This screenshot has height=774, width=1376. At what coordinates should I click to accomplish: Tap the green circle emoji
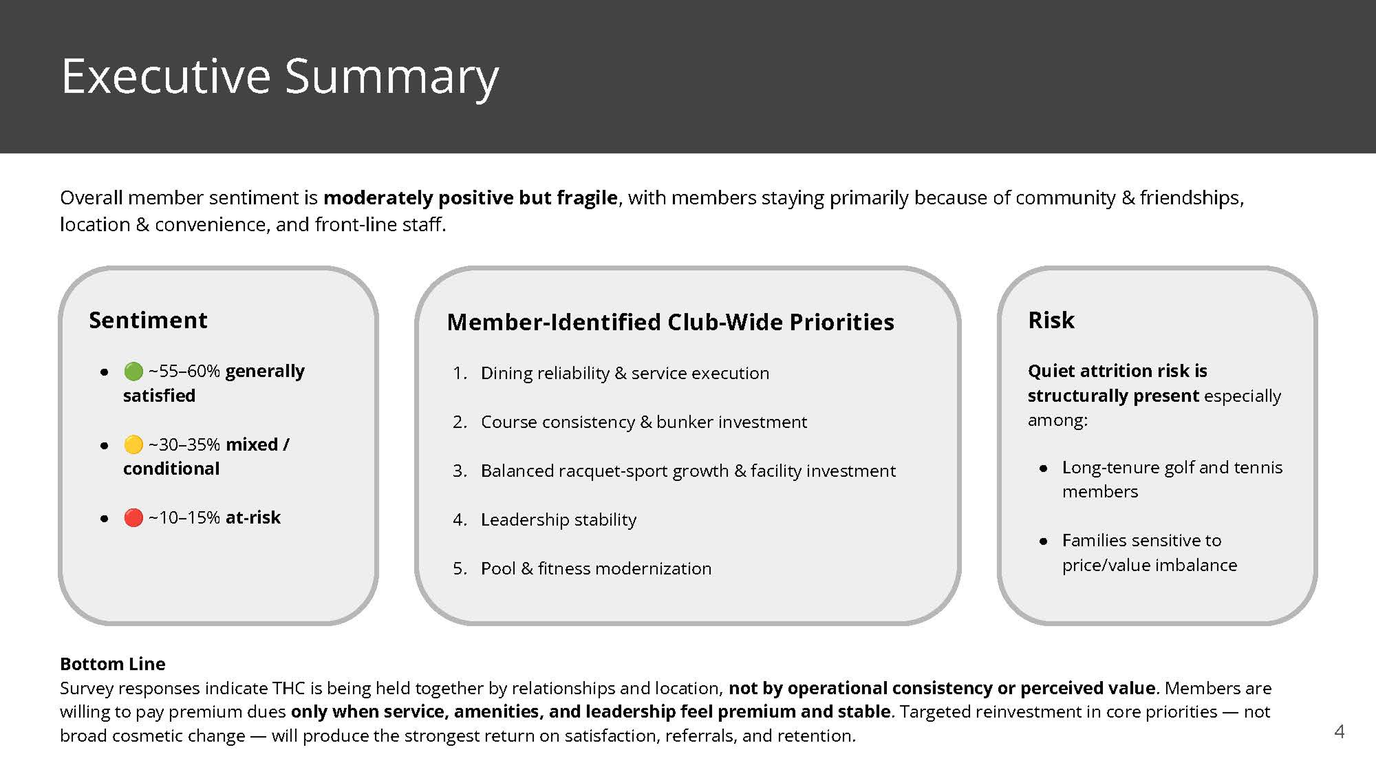click(x=133, y=372)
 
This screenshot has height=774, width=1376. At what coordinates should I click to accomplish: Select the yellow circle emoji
click(x=133, y=444)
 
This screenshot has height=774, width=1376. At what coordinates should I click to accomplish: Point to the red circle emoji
click(x=133, y=517)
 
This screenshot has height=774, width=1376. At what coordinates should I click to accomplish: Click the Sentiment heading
click(x=148, y=320)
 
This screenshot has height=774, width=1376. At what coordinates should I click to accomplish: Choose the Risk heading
click(x=1051, y=320)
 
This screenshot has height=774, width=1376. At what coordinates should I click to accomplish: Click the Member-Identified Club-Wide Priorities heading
click(x=670, y=322)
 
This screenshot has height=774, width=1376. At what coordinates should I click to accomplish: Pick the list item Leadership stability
click(x=558, y=519)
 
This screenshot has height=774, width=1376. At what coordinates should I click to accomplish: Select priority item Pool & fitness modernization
click(x=596, y=568)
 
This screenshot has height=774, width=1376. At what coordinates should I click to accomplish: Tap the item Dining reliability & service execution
click(x=625, y=373)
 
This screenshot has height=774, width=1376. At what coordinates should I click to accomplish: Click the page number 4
click(x=1339, y=731)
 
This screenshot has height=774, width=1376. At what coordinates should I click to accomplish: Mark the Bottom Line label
click(x=112, y=664)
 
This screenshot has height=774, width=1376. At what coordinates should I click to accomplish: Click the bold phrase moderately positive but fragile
click(x=471, y=198)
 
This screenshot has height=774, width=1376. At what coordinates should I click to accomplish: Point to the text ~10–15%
click(x=184, y=517)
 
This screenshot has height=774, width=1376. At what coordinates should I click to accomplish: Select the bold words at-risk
click(x=252, y=517)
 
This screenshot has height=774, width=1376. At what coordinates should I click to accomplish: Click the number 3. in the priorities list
click(x=460, y=471)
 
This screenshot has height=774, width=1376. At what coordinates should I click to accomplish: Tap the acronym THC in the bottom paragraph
click(x=289, y=688)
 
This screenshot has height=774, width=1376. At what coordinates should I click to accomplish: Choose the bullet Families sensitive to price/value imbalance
click(x=1149, y=552)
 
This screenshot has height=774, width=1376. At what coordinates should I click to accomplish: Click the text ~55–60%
click(x=184, y=372)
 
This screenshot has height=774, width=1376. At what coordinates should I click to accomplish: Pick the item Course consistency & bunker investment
click(x=643, y=422)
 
